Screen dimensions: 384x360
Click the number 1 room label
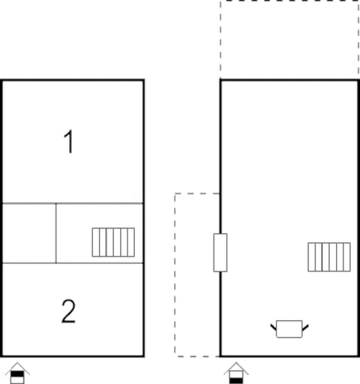[69, 142]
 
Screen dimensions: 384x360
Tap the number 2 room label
[68, 310]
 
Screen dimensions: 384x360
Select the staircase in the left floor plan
[113, 242]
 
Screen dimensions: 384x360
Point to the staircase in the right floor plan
[328, 257]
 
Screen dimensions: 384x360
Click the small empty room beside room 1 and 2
[28, 232]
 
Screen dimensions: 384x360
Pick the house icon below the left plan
[16, 372]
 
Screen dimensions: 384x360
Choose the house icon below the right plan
[235, 373]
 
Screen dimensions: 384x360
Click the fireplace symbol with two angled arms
[289, 328]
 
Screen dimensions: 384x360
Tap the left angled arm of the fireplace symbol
[274, 326]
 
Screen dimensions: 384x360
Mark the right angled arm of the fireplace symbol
[304, 326]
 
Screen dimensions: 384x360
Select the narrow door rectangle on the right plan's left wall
[220, 252]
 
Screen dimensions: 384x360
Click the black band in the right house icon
[235, 379]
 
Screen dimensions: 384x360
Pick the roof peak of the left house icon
[16, 364]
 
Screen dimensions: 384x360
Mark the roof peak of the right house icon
[235, 364]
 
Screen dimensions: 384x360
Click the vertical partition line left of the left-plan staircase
[56, 232]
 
